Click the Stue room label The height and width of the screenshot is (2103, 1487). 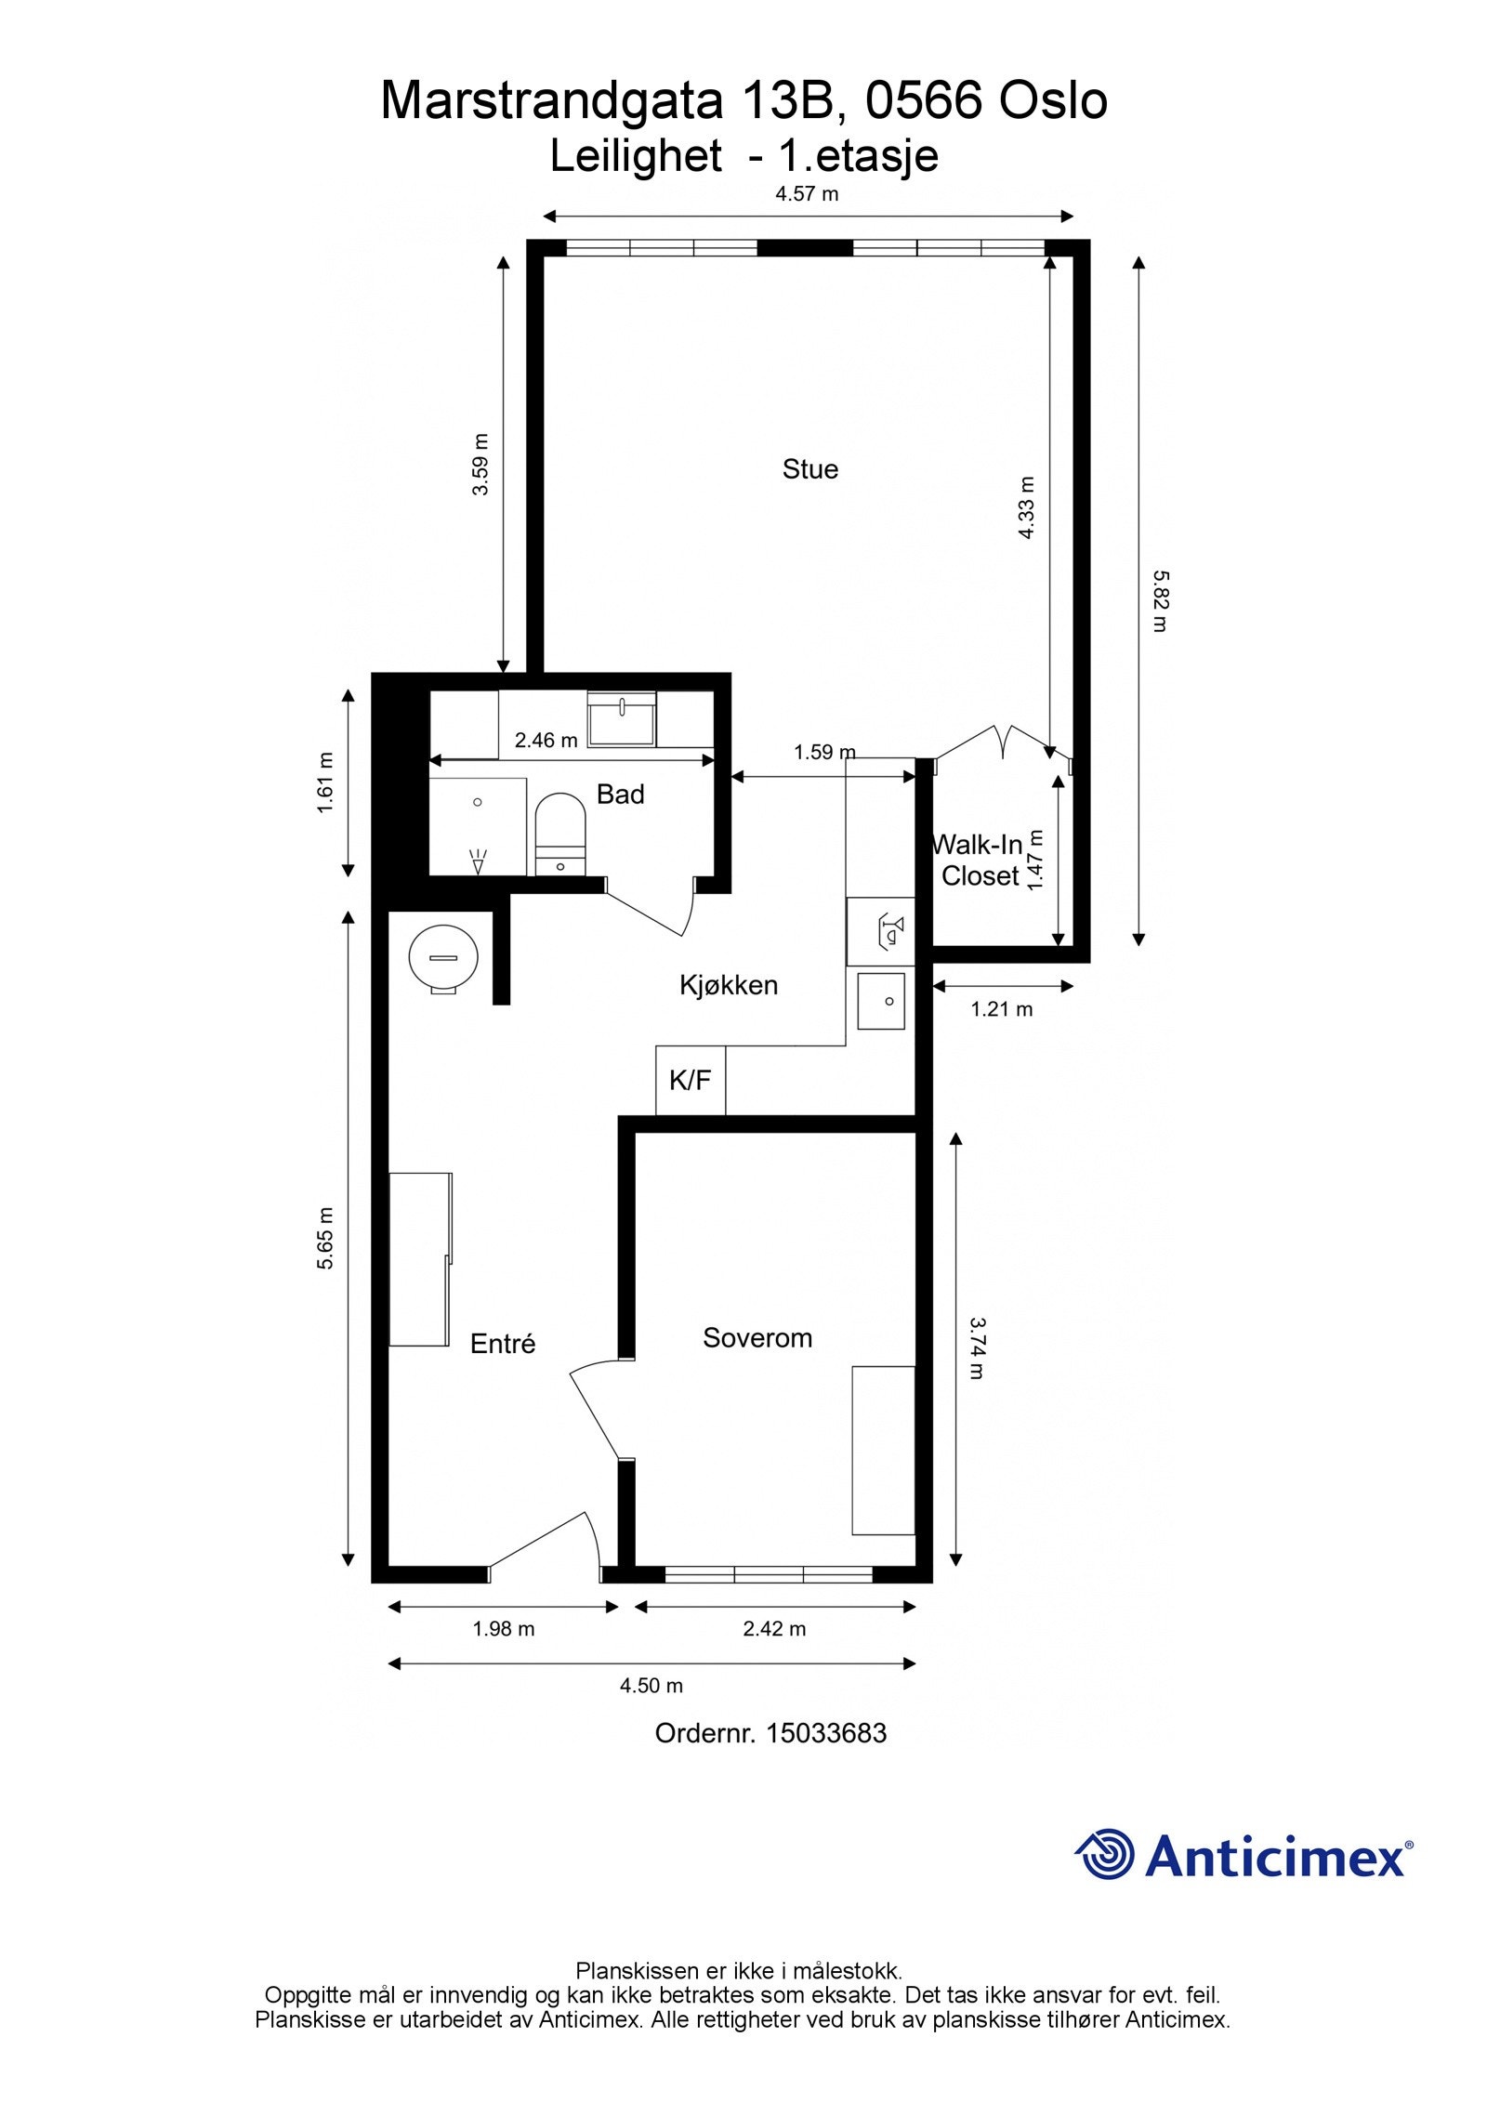point(809,469)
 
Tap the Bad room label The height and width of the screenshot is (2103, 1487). point(620,795)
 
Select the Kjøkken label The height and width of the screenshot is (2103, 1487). point(728,985)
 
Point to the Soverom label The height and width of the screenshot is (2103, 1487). point(757,1338)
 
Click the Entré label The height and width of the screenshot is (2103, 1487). point(503,1344)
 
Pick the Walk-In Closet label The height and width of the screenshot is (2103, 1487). point(979,861)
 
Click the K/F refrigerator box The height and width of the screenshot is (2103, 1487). point(690,1080)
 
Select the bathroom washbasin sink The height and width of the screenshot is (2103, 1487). point(622,719)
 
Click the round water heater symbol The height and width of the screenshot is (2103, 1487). point(443,958)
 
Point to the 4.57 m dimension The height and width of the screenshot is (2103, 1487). point(807,194)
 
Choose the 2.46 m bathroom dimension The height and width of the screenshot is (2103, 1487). point(546,741)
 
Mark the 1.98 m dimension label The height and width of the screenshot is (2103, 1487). point(504,1629)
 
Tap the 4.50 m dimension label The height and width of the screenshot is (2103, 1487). point(651,1686)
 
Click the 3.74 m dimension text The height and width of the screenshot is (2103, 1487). point(976,1348)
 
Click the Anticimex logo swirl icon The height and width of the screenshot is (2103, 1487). point(1104,1854)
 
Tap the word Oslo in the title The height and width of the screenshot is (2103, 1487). point(1052,100)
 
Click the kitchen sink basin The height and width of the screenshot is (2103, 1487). point(880,1001)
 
